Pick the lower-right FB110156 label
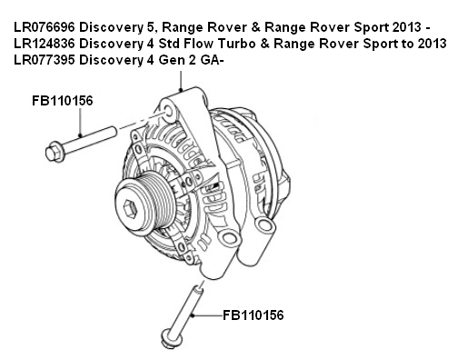[x=254, y=315]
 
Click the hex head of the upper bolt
[x=51, y=145]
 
